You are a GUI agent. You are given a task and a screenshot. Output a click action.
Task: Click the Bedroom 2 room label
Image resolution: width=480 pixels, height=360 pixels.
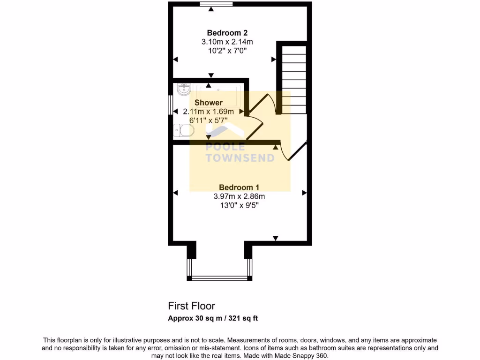tap(227, 33)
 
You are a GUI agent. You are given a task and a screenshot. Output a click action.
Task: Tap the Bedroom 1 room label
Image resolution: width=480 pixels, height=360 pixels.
tap(240, 187)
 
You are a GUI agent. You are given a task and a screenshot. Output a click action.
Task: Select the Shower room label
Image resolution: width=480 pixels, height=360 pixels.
tap(209, 103)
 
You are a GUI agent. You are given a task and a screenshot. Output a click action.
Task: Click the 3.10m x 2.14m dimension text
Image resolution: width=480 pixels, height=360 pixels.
tap(227, 42)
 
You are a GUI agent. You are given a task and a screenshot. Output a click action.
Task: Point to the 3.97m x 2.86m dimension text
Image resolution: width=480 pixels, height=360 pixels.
tap(240, 196)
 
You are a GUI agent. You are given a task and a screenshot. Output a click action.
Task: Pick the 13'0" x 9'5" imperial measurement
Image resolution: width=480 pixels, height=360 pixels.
tap(240, 205)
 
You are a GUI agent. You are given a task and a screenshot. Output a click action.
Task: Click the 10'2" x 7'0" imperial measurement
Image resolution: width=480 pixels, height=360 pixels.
tap(227, 50)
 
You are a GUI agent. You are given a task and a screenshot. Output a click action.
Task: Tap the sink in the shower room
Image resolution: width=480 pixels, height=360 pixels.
tap(184, 88)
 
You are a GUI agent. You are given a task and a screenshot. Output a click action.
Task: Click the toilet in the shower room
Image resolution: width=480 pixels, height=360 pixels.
tap(182, 130)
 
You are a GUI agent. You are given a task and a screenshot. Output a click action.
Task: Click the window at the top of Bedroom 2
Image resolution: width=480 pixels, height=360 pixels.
tap(216, 5)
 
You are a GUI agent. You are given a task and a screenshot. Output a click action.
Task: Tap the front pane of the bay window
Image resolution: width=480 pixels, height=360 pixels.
tap(219, 278)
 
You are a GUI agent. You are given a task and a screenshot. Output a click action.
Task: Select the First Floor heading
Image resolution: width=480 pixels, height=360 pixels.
tap(192, 306)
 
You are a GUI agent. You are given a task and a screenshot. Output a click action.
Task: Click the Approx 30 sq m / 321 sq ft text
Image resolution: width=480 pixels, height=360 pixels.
tap(213, 318)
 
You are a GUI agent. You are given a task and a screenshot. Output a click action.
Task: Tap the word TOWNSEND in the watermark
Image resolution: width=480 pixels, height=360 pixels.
tap(240, 158)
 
